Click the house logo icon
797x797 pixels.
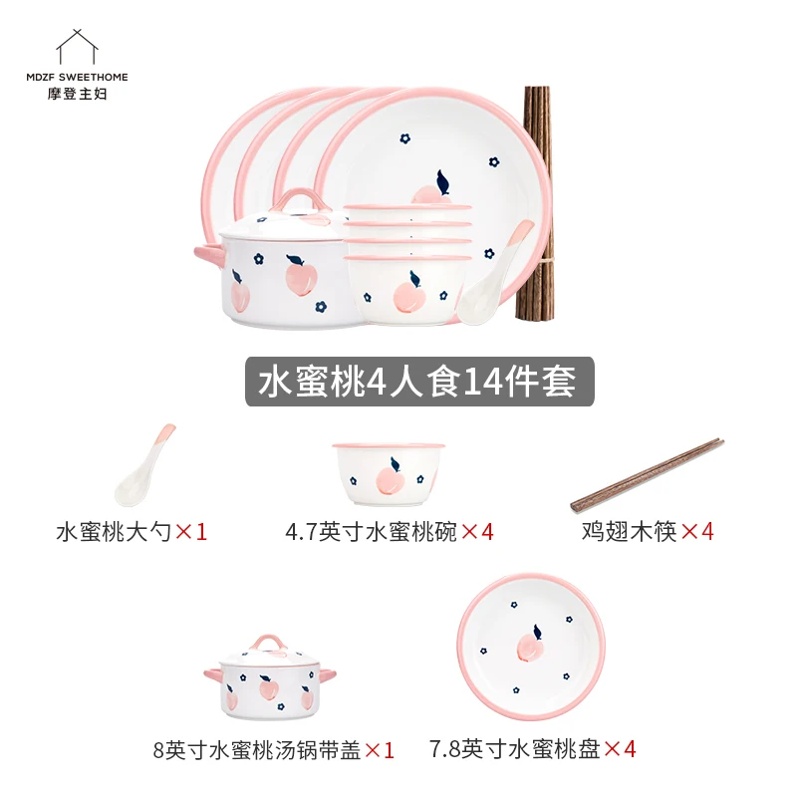pyautogui.click(x=77, y=47)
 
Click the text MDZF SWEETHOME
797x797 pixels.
pyautogui.click(x=78, y=78)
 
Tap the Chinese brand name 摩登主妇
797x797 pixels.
pyautogui.click(x=78, y=94)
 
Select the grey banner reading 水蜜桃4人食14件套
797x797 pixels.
pyautogui.click(x=419, y=382)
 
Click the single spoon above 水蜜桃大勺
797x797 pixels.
pyautogui.click(x=143, y=465)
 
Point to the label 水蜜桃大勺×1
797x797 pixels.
pyautogui.click(x=132, y=532)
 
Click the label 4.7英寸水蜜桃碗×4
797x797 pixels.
pyautogui.click(x=390, y=532)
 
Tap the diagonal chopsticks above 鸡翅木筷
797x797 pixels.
pyautogui.click(x=647, y=475)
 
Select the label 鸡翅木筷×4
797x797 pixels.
pyautogui.click(x=648, y=532)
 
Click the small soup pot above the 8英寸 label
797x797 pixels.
pyautogui.click(x=270, y=676)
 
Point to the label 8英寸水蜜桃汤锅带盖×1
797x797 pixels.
pyautogui.click(x=274, y=750)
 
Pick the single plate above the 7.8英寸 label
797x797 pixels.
pyautogui.click(x=531, y=646)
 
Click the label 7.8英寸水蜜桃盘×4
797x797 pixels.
pyautogui.click(x=533, y=749)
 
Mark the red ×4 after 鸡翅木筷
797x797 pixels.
pyautogui.click(x=697, y=532)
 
